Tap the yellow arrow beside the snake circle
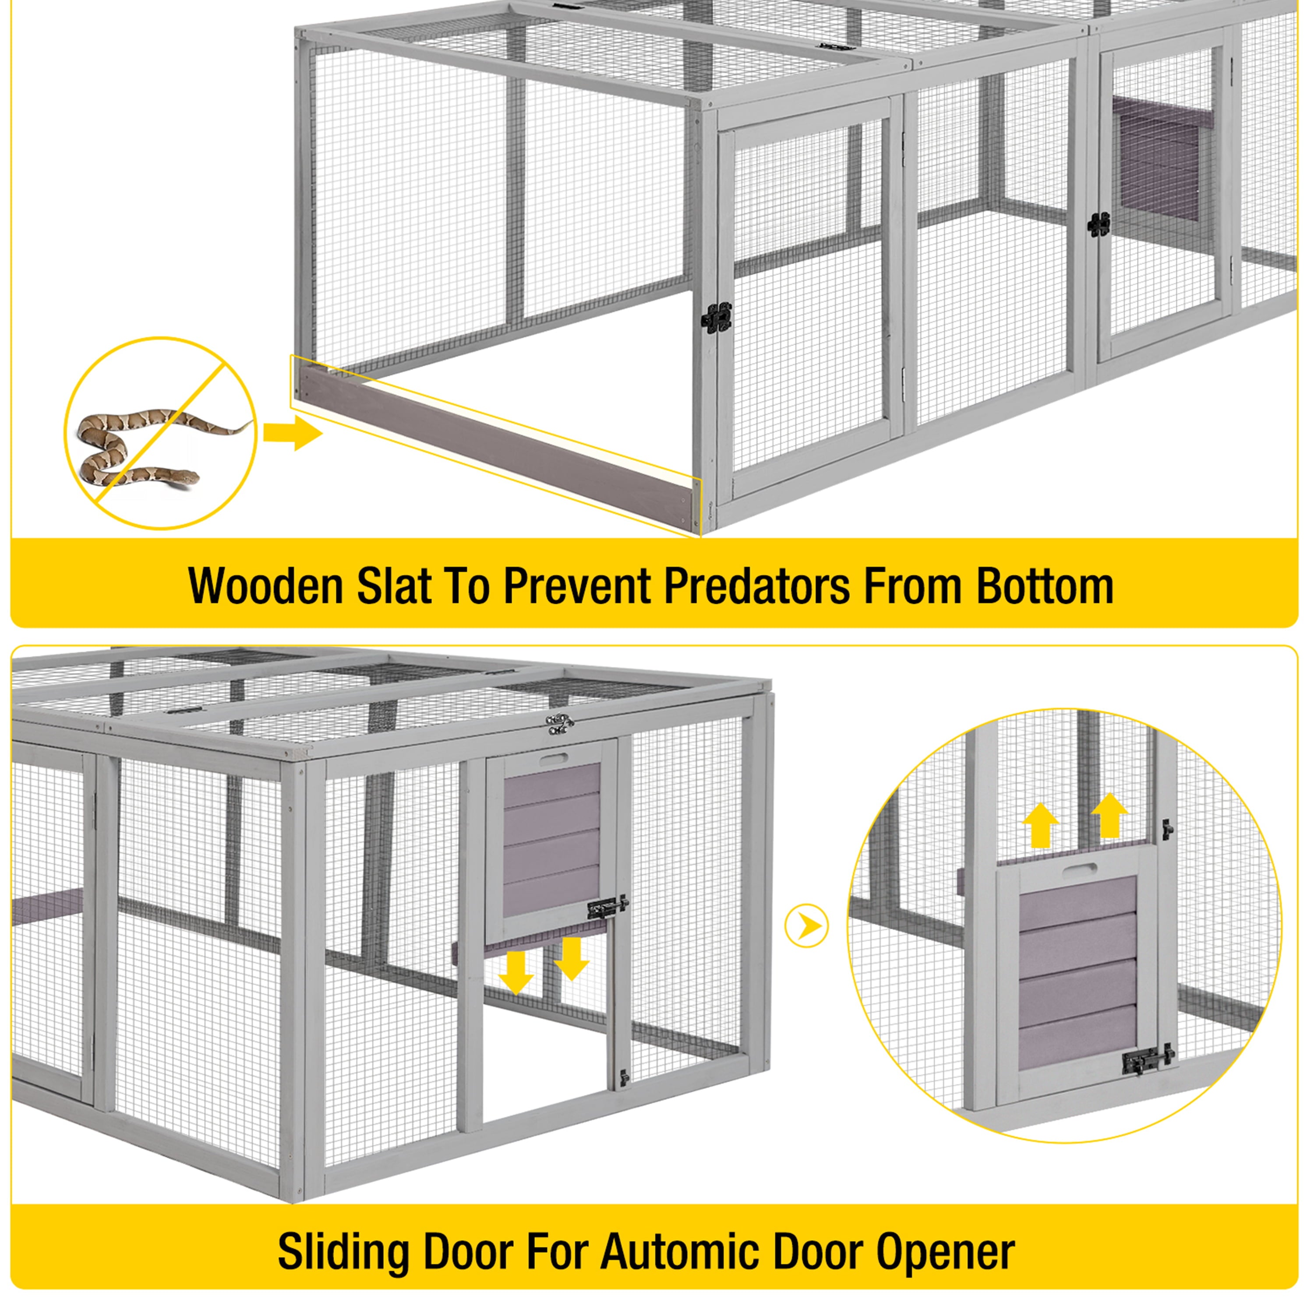pyautogui.click(x=293, y=433)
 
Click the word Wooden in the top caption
pyautogui.click(x=266, y=586)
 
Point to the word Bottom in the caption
pyautogui.click(x=1045, y=586)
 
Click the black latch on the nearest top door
pyautogui.click(x=717, y=316)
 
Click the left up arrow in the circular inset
pyautogui.click(x=1041, y=824)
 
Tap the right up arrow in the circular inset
pyautogui.click(x=1109, y=814)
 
